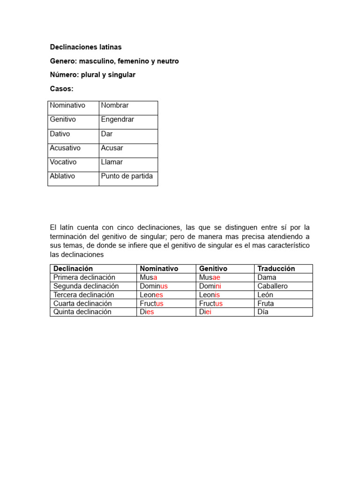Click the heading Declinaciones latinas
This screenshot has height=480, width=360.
[85, 47]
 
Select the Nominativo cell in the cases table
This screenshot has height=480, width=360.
[67, 105]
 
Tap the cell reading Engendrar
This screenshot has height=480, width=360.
[117, 120]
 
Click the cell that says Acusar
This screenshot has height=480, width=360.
[112, 148]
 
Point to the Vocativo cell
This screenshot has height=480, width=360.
[63, 162]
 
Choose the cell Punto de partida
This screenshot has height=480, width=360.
[127, 176]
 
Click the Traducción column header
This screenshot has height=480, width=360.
[276, 269]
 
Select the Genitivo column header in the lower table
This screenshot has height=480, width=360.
[213, 269]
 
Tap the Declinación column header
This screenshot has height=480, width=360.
[73, 269]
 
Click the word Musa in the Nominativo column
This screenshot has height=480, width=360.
[148, 277]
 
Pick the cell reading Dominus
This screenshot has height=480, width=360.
[153, 286]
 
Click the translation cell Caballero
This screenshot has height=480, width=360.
[272, 286]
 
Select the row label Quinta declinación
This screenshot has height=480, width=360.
[82, 312]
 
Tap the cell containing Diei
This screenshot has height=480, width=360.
[205, 312]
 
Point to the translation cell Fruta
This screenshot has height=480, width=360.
[266, 303]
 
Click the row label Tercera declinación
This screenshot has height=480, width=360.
[84, 295]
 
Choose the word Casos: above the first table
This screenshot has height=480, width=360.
[61, 89]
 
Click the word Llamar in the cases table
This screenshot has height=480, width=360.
[112, 162]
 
